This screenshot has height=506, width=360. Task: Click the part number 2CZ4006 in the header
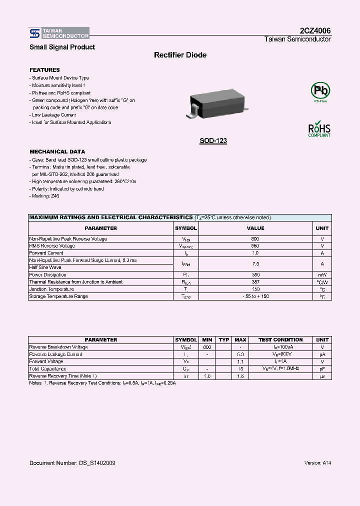pyautogui.click(x=314, y=30)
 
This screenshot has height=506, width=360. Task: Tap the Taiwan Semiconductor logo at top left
pyautogui.click(x=59, y=33)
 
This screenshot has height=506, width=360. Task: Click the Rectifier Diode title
pyautogui.click(x=180, y=55)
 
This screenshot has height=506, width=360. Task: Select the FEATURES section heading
pyautogui.click(x=44, y=70)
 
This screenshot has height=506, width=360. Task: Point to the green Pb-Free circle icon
pyautogui.click(x=320, y=91)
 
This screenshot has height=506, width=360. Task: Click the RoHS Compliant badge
pyautogui.click(x=319, y=129)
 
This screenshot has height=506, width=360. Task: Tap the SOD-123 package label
pyautogui.click(x=213, y=141)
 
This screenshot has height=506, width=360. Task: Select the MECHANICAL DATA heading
pyautogui.click(x=57, y=151)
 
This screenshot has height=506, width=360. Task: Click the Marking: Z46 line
pyautogui.click(x=44, y=196)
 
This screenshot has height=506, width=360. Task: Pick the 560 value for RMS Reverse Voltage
pyautogui.click(x=255, y=246)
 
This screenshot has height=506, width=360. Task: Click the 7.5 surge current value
pyautogui.click(x=255, y=263)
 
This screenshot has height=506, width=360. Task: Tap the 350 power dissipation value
pyautogui.click(x=255, y=275)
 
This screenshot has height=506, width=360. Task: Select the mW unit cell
pyautogui.click(x=322, y=275)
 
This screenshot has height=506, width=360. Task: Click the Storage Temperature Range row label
pyautogui.click(x=58, y=296)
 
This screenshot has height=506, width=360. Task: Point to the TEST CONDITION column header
pyautogui.click(x=280, y=340)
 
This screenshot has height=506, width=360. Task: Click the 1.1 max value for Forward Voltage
pyautogui.click(x=240, y=361)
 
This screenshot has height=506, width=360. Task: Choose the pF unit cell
pyautogui.click(x=322, y=369)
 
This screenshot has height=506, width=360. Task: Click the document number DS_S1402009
pyautogui.click(x=72, y=463)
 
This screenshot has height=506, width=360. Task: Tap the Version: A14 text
pyautogui.click(x=317, y=463)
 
